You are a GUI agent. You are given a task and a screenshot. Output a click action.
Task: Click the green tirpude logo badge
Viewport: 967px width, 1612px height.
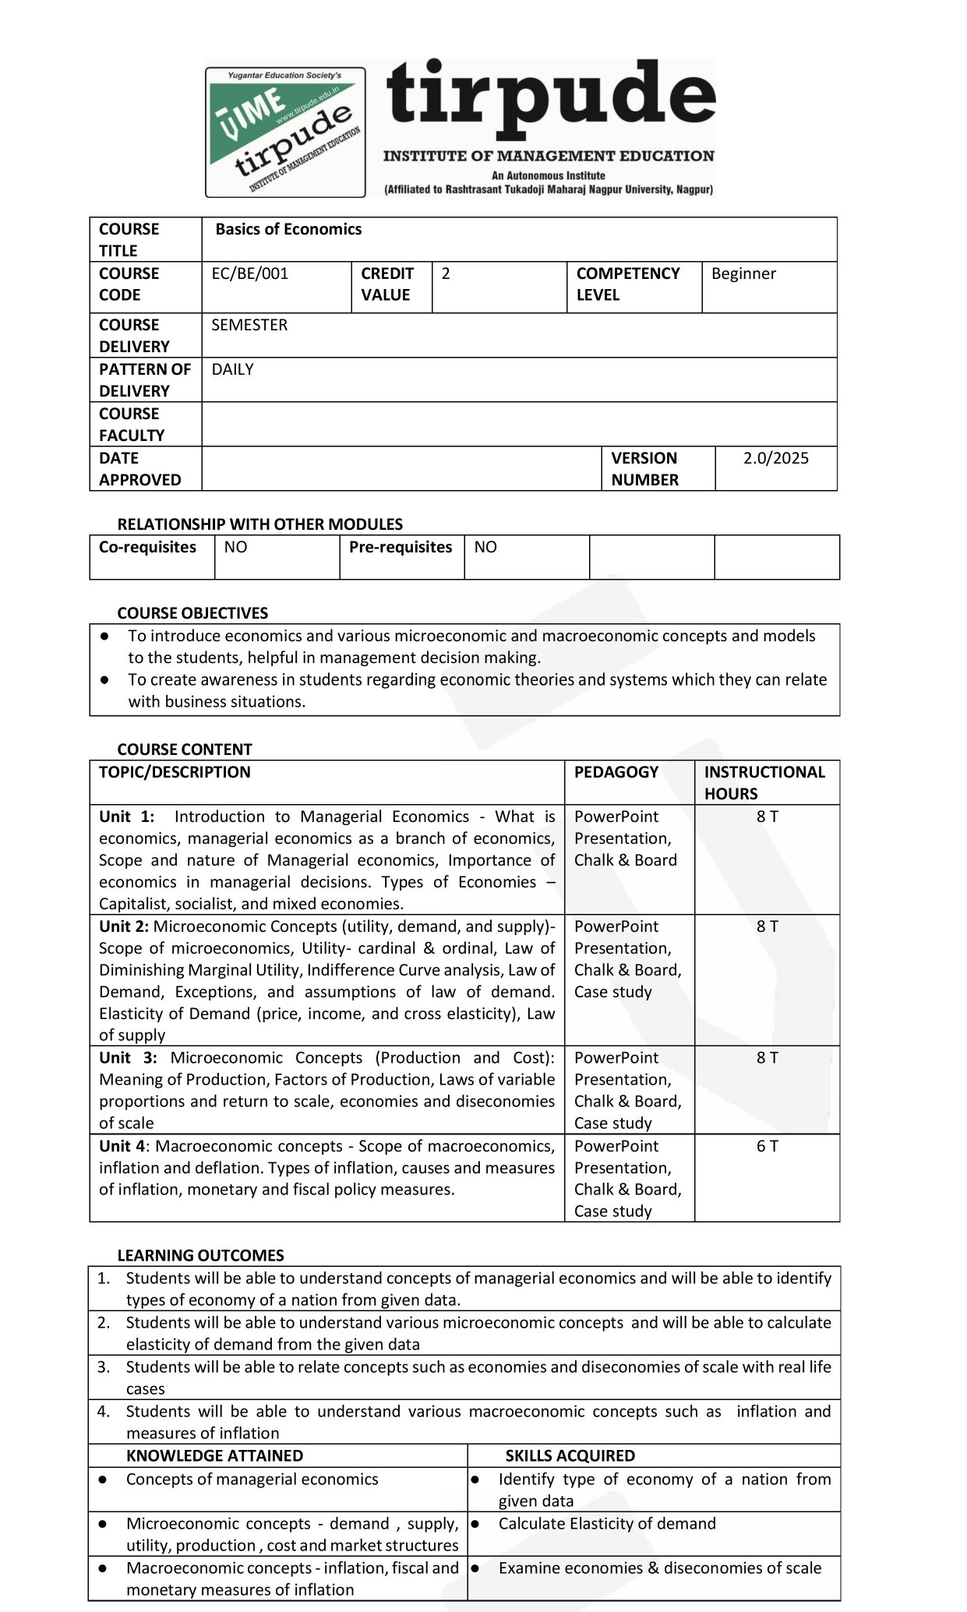tap(285, 132)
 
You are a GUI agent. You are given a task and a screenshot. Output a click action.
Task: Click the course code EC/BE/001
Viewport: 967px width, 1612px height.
tap(249, 273)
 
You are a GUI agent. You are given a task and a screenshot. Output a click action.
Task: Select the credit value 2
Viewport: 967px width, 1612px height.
tap(446, 273)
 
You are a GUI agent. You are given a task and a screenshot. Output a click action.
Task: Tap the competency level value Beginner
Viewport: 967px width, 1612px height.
tap(743, 273)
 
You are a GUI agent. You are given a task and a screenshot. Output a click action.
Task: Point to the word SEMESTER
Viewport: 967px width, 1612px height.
tap(249, 325)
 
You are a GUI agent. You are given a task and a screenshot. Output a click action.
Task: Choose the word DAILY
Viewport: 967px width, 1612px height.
tap(232, 369)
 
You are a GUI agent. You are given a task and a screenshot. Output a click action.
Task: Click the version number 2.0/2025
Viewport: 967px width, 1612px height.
tap(775, 458)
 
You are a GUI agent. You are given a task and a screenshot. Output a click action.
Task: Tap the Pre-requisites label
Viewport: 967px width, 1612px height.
tap(401, 547)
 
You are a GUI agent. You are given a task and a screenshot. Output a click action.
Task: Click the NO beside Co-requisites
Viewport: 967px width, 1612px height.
tap(235, 547)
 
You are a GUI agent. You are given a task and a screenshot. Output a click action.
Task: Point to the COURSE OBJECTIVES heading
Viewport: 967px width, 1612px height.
tap(192, 613)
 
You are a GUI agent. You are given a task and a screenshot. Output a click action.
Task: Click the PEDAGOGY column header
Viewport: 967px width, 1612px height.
tap(616, 772)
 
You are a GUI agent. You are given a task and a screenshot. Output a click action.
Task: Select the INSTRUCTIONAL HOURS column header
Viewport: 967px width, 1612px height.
tap(764, 782)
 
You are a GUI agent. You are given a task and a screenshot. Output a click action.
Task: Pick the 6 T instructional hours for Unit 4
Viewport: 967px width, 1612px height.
tap(767, 1146)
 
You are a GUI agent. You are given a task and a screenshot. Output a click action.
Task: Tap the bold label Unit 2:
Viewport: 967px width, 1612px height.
tap(124, 926)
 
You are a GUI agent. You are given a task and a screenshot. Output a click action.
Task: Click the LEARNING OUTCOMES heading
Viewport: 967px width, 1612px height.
tap(200, 1255)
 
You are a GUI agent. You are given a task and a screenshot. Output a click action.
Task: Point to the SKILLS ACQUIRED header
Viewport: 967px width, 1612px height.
tap(570, 1455)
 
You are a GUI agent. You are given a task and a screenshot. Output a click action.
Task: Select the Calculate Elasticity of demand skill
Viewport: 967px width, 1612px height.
tap(606, 1523)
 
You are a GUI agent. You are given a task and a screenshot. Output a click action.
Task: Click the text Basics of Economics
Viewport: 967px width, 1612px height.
tap(288, 229)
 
